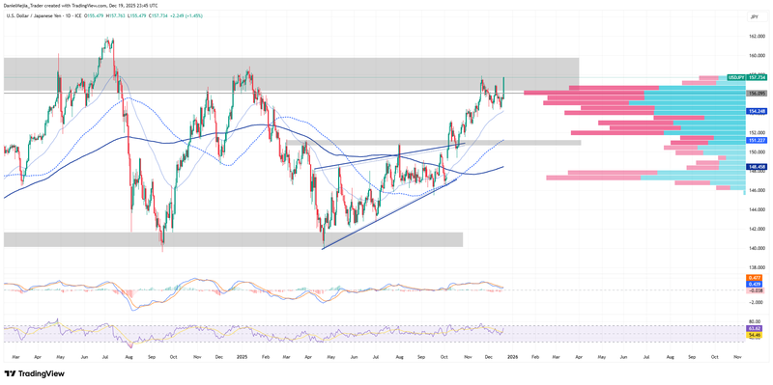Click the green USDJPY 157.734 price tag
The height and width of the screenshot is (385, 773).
[x=747, y=77]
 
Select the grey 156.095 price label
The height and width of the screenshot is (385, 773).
[x=757, y=93]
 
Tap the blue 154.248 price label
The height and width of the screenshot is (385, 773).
[x=757, y=111]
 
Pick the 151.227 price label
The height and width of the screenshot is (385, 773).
[x=757, y=140]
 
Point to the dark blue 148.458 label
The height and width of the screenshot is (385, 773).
[x=757, y=166]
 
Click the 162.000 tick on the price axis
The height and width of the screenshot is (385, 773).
[x=757, y=37]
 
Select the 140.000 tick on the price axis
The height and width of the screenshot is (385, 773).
[x=757, y=248]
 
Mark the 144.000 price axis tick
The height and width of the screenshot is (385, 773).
[x=757, y=209]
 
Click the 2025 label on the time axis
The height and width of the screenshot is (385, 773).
[x=242, y=357]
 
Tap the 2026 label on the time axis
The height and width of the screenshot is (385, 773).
[x=512, y=357]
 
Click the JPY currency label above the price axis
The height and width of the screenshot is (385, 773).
[x=752, y=17]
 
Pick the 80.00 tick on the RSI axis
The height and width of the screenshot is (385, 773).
[x=757, y=321]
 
